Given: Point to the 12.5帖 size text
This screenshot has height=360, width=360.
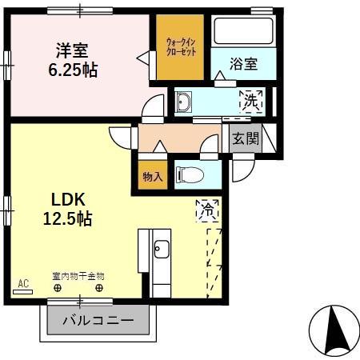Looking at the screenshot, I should (x=69, y=218).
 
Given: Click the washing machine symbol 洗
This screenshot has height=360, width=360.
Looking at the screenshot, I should (x=250, y=102).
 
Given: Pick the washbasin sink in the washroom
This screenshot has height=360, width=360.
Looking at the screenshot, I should (x=183, y=102).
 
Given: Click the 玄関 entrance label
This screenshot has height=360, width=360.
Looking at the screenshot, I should (x=246, y=138).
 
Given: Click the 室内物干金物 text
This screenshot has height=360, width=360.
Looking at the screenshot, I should (x=78, y=275).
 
